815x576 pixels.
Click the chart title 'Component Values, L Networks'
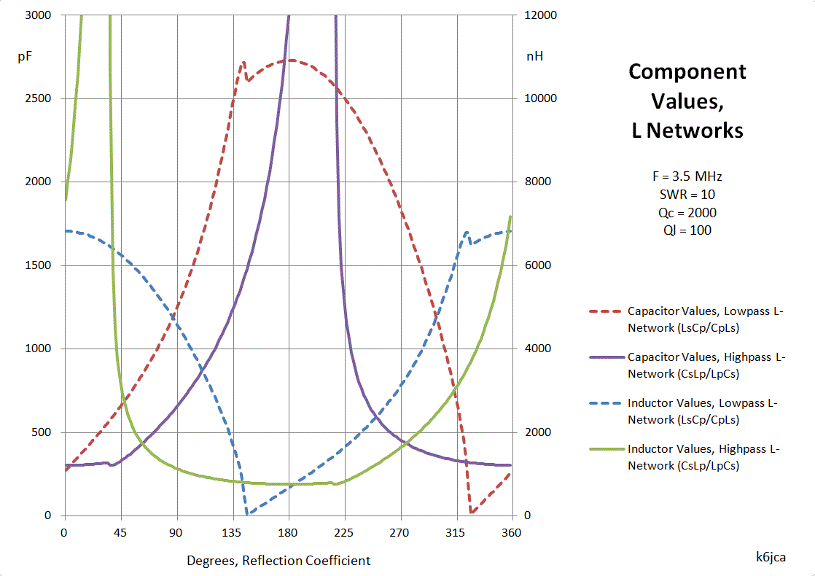[687, 101]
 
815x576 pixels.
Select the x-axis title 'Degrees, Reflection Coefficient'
[278, 561]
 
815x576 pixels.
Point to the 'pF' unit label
[25, 56]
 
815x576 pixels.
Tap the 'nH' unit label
[534, 56]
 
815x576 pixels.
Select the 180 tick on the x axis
[289, 532]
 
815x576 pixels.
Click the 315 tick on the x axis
[456, 532]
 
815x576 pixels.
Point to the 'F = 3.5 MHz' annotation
[687, 176]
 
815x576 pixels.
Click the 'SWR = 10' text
[687, 195]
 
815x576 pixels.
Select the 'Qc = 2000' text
[687, 213]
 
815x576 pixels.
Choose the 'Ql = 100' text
[687, 230]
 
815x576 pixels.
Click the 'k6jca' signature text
[771, 556]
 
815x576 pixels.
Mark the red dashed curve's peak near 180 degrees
[290, 61]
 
